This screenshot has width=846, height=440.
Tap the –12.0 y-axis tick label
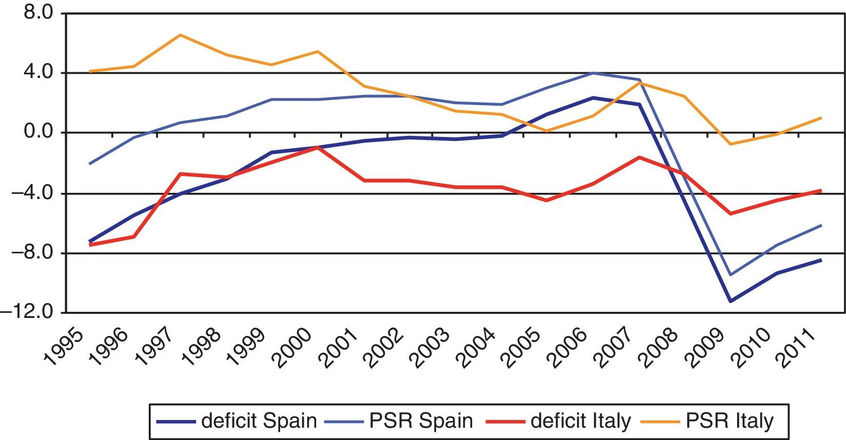(28, 312)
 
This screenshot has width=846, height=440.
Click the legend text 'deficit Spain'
(259, 421)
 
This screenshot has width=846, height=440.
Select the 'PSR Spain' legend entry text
(421, 421)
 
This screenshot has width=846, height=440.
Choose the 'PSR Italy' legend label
(729, 421)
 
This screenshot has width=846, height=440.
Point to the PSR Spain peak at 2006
(593, 73)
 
